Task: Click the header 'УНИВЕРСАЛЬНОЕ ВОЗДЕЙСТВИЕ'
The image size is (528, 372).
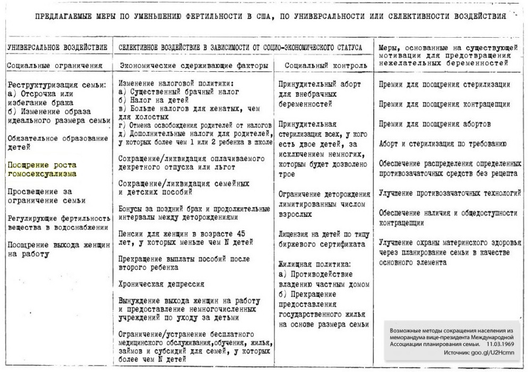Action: point(57,48)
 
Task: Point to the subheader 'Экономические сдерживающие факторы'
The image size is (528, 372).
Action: point(195,65)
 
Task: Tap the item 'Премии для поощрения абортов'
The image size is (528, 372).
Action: point(434,124)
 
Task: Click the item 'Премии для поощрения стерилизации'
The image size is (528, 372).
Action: point(445,84)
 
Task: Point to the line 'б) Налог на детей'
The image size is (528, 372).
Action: point(154,99)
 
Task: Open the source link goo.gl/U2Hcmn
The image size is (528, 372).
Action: point(489,353)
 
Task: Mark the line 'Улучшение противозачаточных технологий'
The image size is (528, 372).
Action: point(450,193)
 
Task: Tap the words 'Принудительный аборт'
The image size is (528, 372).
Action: point(320,84)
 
